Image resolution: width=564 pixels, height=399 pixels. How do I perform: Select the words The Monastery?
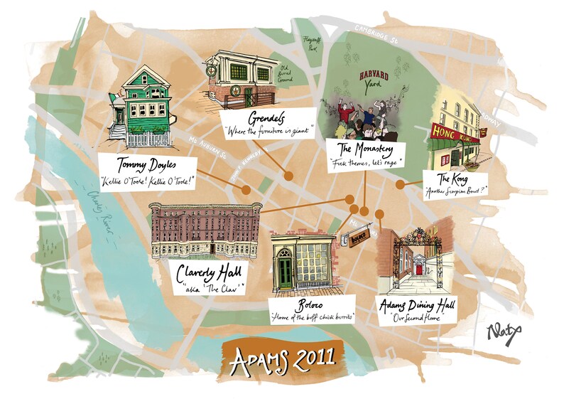tap(362, 149)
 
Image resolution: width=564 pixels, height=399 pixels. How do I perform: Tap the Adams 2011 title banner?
tap(283, 358)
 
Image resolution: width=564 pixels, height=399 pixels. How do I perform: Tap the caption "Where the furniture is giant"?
tap(263, 132)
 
